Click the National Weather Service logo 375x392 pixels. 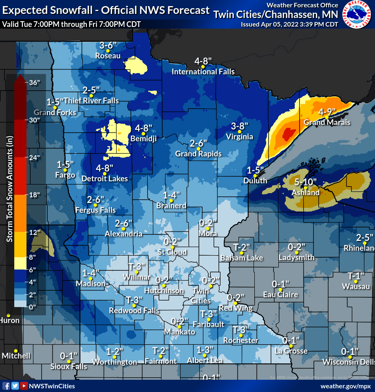[357, 15]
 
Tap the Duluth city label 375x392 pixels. [255, 180]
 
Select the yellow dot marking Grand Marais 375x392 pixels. [326, 117]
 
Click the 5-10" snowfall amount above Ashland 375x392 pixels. [305, 182]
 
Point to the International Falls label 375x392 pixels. [203, 72]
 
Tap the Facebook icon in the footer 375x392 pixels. [6, 386]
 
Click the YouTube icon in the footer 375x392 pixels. [24, 386]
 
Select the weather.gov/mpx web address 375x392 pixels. [346, 386]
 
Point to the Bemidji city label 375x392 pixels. [143, 139]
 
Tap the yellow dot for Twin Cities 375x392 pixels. [210, 286]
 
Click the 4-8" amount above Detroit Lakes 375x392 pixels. [104, 168]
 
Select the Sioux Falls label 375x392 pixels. [69, 366]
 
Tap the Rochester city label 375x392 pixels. [240, 340]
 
